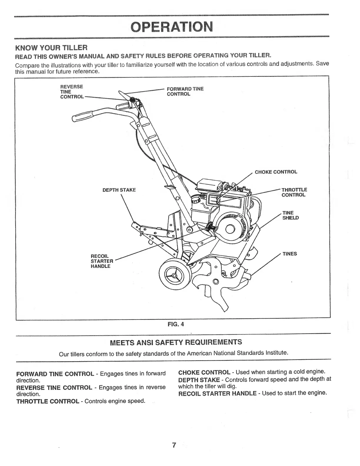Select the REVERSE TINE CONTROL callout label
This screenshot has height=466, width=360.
[72, 92]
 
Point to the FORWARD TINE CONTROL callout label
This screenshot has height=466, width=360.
[185, 91]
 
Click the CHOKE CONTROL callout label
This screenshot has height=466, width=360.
[276, 172]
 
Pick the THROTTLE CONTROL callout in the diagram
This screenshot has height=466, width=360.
[294, 192]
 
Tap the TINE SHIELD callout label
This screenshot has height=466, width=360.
[290, 215]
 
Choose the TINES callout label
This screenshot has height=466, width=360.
[290, 254]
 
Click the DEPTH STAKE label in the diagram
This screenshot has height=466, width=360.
[119, 190]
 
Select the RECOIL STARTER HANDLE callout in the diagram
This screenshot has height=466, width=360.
[102, 261]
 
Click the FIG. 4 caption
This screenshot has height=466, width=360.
[176, 324]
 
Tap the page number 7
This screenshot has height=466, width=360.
[174, 445]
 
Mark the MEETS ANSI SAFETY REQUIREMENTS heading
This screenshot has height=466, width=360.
[176, 342]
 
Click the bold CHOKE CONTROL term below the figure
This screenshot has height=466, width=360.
[204, 372]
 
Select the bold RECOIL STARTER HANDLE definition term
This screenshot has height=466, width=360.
[217, 393]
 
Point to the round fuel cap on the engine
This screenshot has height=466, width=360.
[195, 200]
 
